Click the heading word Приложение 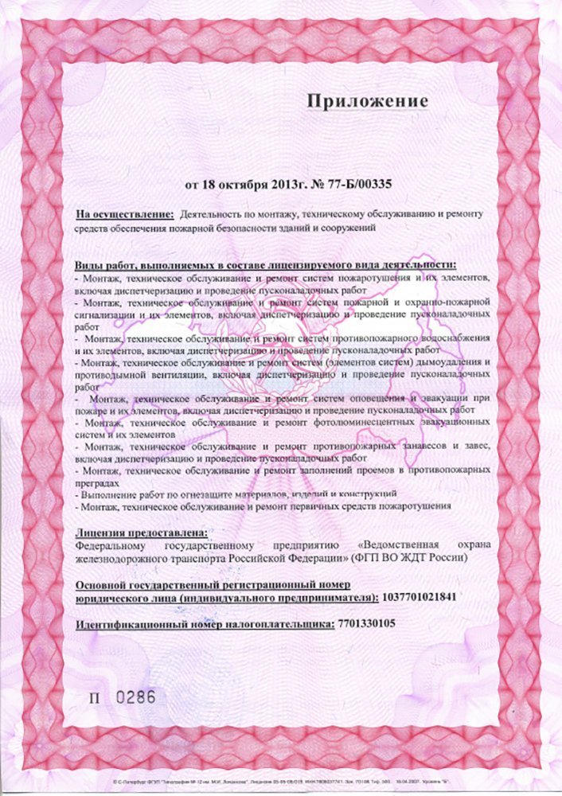pos(368,102)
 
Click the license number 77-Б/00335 pos(353,184)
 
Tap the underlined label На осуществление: pos(125,215)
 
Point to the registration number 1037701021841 pos(419,595)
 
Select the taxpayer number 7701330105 pos(365,624)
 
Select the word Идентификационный pos(128,624)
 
